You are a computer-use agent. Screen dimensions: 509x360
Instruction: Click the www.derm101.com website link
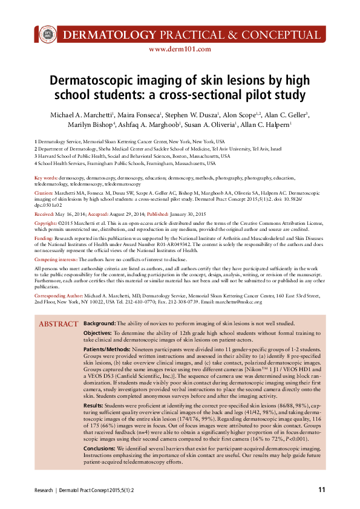[179, 49]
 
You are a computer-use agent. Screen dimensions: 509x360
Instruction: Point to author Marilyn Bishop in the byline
[81, 125]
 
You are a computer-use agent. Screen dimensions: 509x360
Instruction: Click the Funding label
[45, 238]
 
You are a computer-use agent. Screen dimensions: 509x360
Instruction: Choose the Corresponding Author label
[60, 295]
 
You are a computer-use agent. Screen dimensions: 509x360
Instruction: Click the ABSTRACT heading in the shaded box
[58, 325]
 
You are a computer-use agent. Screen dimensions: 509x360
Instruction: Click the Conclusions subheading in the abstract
[100, 449]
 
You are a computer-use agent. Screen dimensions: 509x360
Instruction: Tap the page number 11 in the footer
[322, 489]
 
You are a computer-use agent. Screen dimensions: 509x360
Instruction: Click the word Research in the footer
[43, 489]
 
